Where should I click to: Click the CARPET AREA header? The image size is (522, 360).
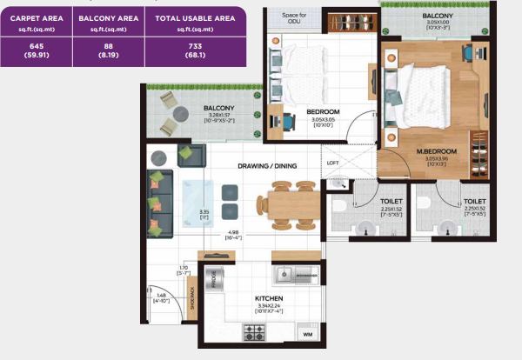click(36, 17)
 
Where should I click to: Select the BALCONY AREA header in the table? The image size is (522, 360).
click(109, 17)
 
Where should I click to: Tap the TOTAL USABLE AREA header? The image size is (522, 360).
click(195, 17)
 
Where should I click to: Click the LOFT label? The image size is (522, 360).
click(333, 163)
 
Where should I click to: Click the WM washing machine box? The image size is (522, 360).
click(307, 334)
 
